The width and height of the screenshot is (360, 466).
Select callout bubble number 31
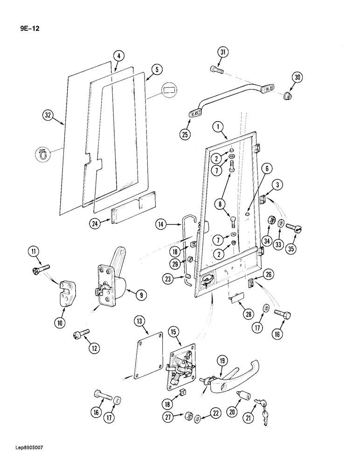click(223, 53)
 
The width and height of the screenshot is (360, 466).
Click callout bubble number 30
click(298, 77)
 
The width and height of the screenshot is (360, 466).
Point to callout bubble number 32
click(48, 115)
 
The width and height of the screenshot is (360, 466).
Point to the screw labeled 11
click(41, 269)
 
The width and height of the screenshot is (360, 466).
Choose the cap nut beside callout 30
click(287, 96)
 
